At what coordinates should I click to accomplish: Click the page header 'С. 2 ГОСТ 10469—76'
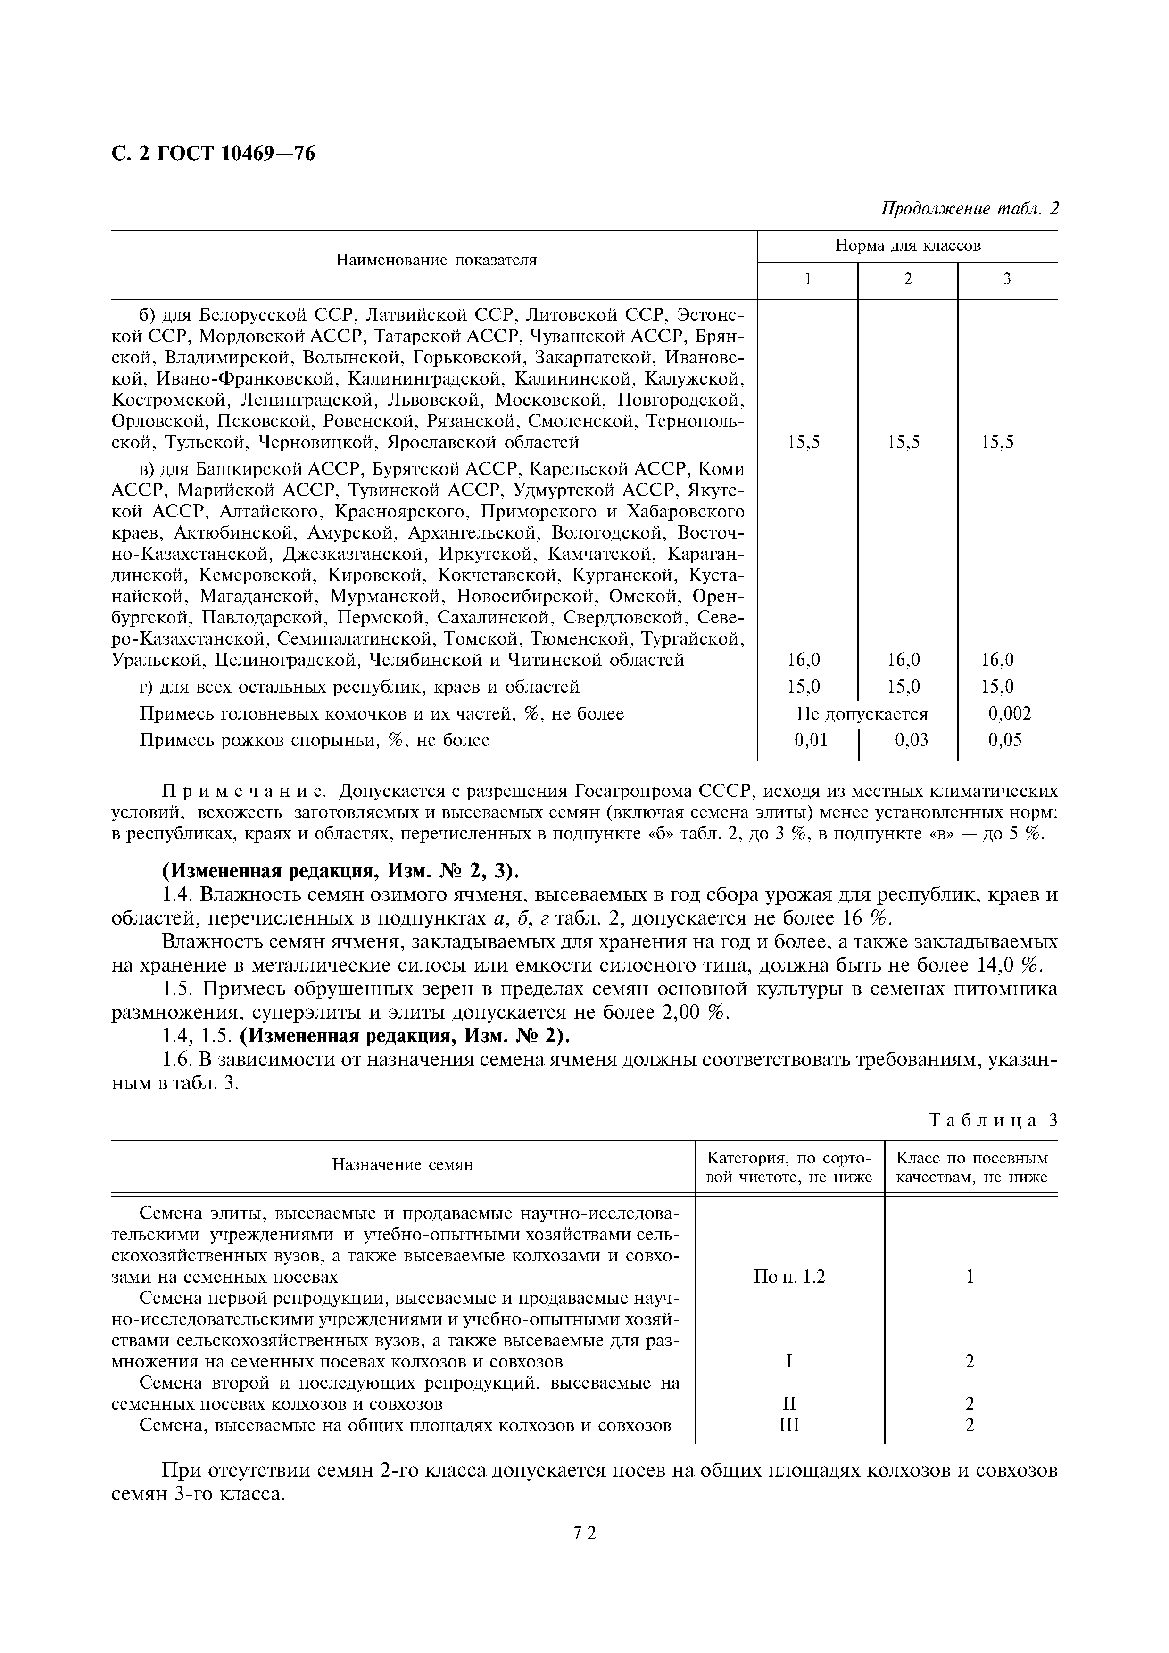point(213,153)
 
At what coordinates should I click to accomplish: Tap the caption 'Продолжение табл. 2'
point(970,208)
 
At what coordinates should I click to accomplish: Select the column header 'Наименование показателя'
point(437,260)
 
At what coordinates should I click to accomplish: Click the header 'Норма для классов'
point(908,245)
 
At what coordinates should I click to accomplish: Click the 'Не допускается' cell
point(862,713)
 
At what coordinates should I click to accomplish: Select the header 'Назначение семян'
point(403,1164)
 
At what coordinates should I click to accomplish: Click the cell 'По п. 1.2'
point(789,1277)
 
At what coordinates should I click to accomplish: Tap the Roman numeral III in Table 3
point(789,1425)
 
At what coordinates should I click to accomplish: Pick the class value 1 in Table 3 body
point(970,1277)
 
